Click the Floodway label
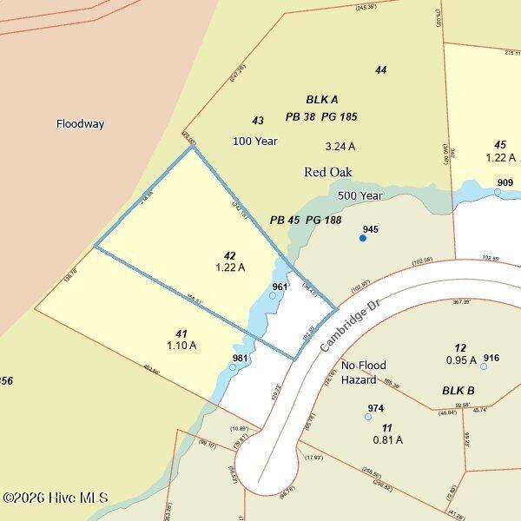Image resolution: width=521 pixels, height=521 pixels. [x=80, y=124]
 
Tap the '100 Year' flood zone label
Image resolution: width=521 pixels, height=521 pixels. [x=254, y=141]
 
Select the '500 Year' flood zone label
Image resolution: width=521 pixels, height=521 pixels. [x=360, y=196]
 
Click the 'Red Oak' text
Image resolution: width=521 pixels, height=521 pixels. [x=326, y=172]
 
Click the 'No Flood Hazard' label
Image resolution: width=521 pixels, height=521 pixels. [x=363, y=373]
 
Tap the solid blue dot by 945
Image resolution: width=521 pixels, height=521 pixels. [x=363, y=238]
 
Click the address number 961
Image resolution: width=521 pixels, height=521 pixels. [x=280, y=287]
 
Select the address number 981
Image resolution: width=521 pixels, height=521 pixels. [x=241, y=358]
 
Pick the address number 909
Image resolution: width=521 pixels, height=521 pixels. [x=505, y=182]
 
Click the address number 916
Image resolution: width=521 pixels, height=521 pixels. [x=491, y=358]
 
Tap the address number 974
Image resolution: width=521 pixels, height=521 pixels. [x=376, y=408]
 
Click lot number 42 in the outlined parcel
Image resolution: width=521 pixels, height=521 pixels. [x=229, y=255]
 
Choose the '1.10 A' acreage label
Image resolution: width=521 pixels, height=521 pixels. [x=181, y=346]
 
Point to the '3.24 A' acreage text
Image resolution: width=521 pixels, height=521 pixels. [x=340, y=147]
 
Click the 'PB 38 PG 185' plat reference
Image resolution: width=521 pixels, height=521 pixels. [x=321, y=116]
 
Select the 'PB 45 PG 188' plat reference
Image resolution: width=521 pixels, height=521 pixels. [x=306, y=221]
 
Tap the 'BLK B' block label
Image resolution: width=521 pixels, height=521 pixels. [x=458, y=391]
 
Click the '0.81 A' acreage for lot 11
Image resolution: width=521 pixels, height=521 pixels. [x=387, y=439]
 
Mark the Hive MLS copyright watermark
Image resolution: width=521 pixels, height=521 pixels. [x=56, y=498]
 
